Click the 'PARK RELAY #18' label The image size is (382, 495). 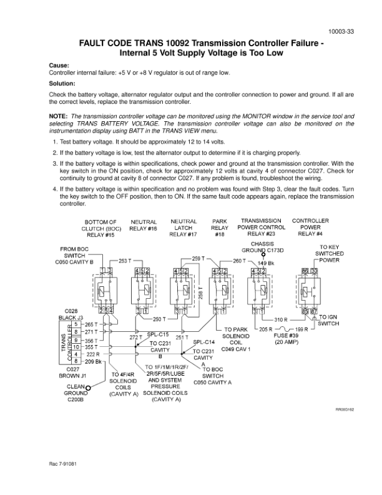point(219,228)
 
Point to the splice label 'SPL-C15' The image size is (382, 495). point(158,334)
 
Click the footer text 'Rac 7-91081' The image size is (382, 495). point(63,464)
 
